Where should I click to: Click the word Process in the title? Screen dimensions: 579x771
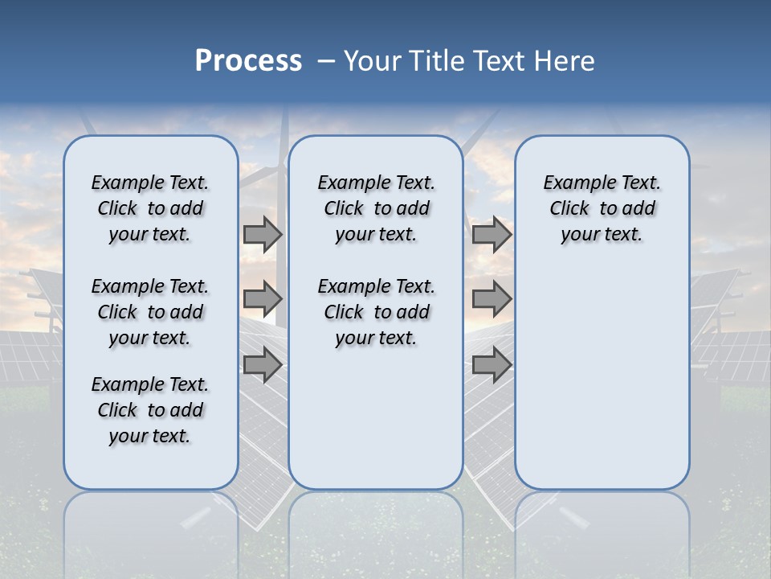[x=248, y=61]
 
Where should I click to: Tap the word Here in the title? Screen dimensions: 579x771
[x=565, y=61]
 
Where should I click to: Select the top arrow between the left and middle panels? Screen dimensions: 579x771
[x=263, y=235]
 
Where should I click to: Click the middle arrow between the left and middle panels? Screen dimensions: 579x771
[x=263, y=299]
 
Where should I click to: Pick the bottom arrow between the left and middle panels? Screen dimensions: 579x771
[x=263, y=364]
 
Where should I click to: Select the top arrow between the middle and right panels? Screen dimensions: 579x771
[x=492, y=235]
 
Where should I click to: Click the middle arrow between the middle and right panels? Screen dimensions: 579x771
[x=492, y=299]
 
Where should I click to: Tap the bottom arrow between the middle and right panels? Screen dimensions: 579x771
[x=492, y=364]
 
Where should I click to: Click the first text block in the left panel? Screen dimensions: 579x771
[x=150, y=208]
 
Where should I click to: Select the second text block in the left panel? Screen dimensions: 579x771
[x=150, y=312]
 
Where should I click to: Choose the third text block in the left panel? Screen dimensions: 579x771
[x=150, y=410]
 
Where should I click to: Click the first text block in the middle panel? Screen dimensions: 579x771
[x=376, y=208]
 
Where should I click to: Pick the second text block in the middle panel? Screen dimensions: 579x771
[x=376, y=312]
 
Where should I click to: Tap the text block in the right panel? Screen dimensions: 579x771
[x=602, y=208]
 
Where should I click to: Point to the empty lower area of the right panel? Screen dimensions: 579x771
[x=602, y=386]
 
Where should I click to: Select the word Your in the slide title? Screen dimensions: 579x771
[x=373, y=61]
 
